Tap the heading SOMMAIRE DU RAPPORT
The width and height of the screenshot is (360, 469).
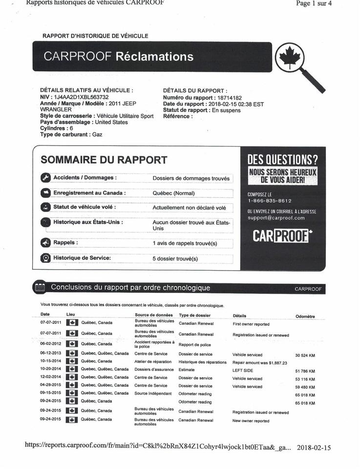[104, 160]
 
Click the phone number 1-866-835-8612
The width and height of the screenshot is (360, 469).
[269, 201]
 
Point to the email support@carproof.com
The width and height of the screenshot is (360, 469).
[276, 218]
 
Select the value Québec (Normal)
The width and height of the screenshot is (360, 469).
[173, 193]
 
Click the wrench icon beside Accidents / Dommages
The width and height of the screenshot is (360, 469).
[45, 178]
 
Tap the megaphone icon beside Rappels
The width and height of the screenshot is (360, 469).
[45, 243]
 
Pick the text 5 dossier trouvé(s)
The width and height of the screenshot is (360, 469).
[175, 258]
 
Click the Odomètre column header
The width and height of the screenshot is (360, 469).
[305, 317]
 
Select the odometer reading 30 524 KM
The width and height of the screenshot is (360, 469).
[305, 355]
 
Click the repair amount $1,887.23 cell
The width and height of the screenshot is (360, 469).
[259, 362]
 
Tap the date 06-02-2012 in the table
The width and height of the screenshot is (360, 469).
[50, 344]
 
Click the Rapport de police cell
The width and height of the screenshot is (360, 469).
[195, 344]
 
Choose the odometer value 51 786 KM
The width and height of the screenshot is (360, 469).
[305, 371]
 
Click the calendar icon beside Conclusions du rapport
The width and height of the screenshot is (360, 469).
[40, 288]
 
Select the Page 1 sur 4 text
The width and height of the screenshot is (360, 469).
[315, 3]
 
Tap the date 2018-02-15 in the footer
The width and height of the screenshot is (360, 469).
[314, 448]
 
